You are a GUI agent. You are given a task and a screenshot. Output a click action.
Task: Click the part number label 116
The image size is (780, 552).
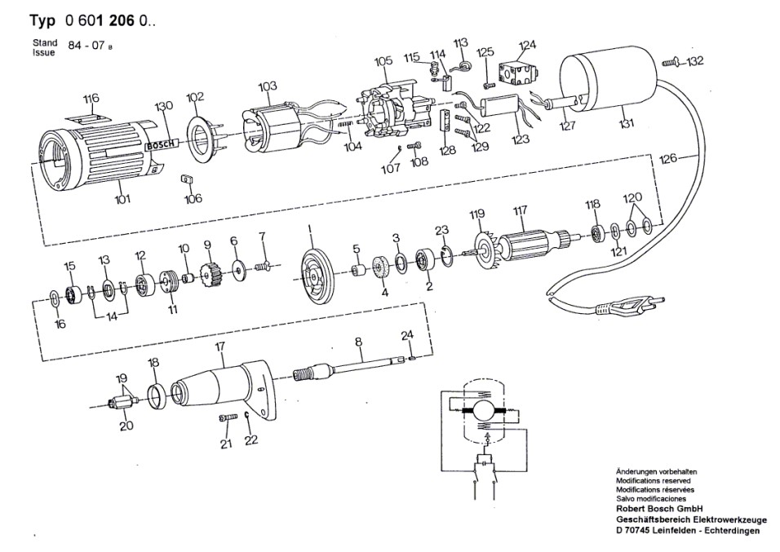(x=91, y=99)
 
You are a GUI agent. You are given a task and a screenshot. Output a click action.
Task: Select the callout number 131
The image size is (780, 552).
(x=626, y=125)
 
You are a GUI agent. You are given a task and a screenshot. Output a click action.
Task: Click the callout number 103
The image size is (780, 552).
(x=268, y=86)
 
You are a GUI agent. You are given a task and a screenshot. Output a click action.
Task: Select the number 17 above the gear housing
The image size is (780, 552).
(x=219, y=347)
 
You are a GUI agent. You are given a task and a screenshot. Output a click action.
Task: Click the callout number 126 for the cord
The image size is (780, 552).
(x=668, y=160)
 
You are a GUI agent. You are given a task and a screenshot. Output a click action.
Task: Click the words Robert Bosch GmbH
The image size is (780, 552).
(x=657, y=507)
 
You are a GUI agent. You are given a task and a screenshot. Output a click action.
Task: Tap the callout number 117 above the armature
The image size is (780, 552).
(x=519, y=214)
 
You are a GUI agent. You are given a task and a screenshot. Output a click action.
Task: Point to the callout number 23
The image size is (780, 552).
(x=441, y=230)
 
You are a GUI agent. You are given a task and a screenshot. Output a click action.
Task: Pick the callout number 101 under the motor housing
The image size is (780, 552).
(x=122, y=199)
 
